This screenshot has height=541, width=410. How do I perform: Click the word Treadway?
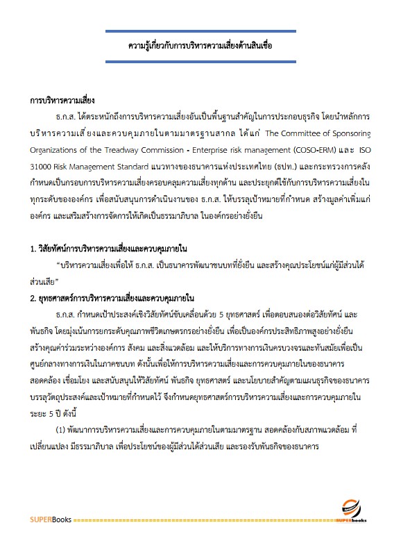[x=136, y=148]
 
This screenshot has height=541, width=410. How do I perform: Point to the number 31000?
[x=43, y=165]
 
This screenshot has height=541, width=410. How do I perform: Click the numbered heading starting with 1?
[x=110, y=248]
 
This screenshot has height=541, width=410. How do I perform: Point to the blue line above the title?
[x=200, y=32]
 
